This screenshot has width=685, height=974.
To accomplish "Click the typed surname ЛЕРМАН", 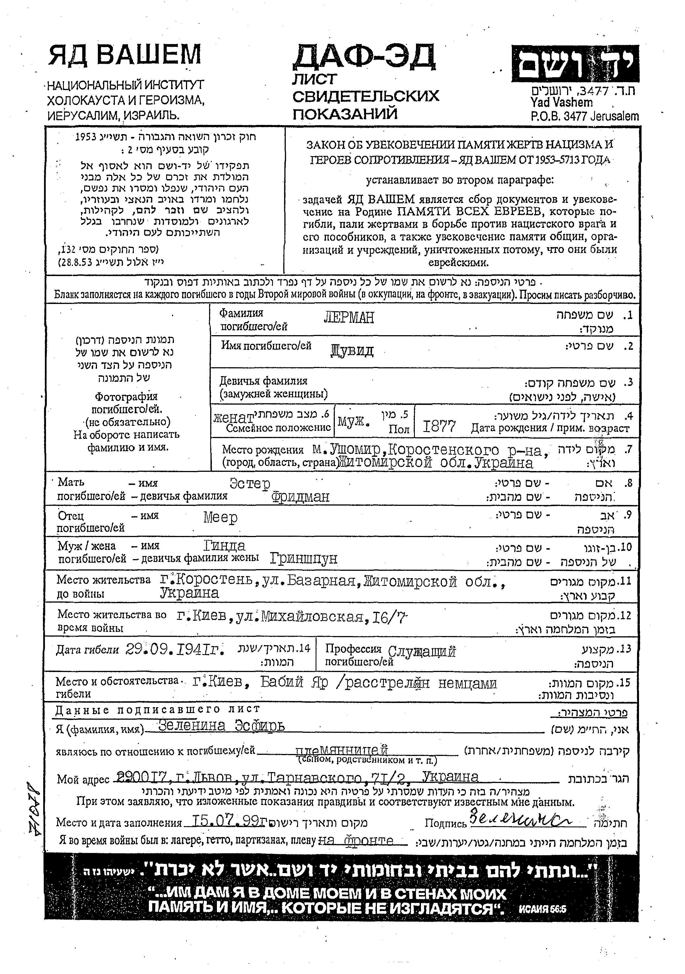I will click(349, 317).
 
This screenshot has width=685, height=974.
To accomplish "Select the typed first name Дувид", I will click(352, 351).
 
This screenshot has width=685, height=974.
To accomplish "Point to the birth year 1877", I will click(439, 426).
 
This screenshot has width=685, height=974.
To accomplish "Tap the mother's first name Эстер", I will click(250, 484).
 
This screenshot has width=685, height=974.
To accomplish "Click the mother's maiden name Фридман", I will click(300, 497).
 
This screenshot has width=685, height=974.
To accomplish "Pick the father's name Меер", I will click(220, 518).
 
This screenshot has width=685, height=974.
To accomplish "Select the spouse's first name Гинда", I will click(224, 545).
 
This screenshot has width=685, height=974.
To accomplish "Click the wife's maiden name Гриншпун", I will click(304, 559).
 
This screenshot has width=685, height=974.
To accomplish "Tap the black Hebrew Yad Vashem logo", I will click(575, 64).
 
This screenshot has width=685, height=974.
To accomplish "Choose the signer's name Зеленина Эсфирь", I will click(221, 726).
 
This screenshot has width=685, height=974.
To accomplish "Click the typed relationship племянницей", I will click(342, 750).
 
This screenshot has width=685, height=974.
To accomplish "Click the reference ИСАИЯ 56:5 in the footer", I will click(542, 909).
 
